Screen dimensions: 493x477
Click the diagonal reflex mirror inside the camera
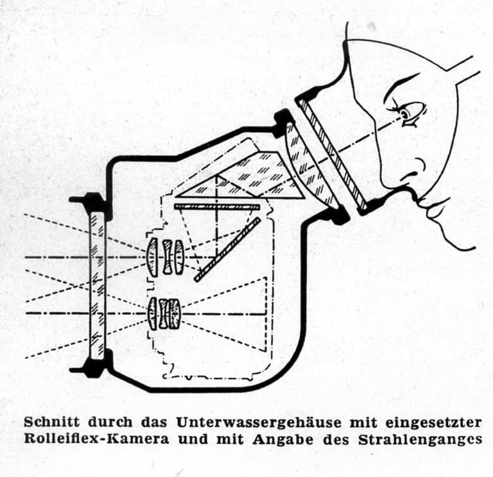[227, 249]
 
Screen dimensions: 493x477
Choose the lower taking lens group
[164, 314]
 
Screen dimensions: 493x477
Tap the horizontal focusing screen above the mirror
[216, 207]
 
